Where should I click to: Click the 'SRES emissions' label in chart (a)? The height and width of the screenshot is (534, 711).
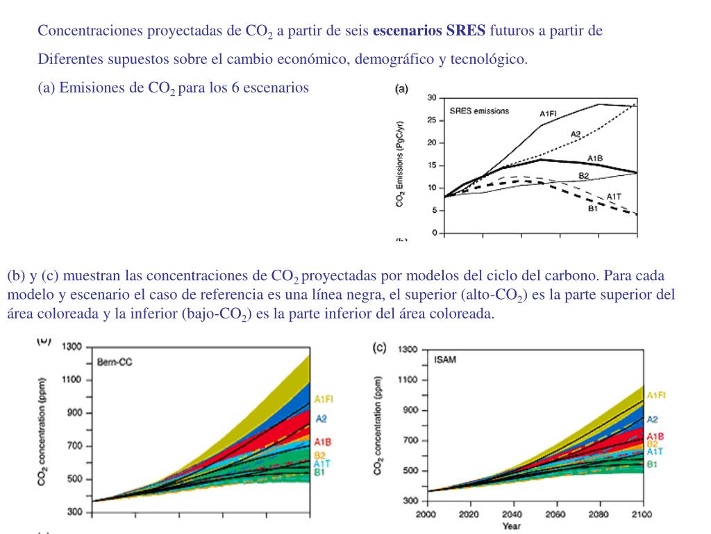point(479,111)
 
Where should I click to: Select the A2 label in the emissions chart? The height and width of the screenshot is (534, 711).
point(576,134)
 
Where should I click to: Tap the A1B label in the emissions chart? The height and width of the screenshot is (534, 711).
point(594,158)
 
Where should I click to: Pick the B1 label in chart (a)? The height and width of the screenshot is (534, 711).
point(593,209)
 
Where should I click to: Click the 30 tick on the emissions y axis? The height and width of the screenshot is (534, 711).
point(432,98)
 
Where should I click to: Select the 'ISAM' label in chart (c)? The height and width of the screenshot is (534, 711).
point(445,359)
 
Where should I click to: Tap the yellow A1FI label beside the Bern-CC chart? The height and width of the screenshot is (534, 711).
point(324,399)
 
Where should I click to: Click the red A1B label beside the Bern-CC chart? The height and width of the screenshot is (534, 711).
point(322,442)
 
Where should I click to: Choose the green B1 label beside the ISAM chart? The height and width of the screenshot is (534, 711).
point(653,464)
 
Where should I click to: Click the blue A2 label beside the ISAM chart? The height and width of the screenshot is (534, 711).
point(653,419)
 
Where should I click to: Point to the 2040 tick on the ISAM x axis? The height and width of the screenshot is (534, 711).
point(512,514)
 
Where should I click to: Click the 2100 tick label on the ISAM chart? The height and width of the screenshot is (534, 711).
point(642,514)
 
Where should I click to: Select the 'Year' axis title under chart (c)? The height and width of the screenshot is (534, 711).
point(512,526)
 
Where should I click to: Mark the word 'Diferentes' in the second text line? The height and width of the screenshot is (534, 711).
point(71,59)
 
